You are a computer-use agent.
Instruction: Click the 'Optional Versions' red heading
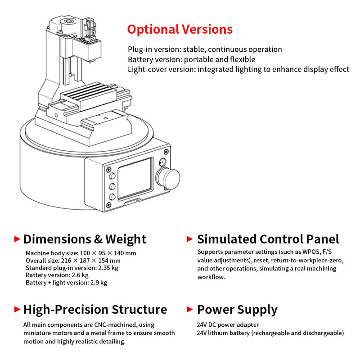click(x=180, y=29)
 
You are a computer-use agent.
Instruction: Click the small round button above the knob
click(x=162, y=162)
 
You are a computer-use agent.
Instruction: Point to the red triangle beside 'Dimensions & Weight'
click(x=17, y=238)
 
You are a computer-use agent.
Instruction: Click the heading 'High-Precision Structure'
click(x=95, y=310)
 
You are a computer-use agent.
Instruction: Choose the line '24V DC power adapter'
click(x=228, y=324)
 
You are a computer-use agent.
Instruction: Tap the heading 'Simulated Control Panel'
click(x=268, y=239)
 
